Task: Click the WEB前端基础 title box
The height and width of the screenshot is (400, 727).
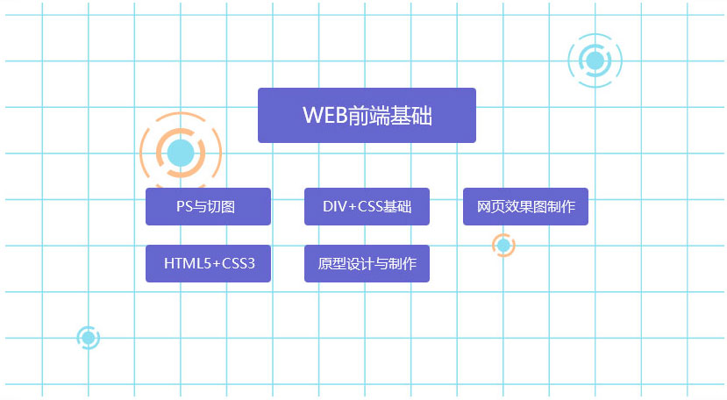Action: click(367, 115)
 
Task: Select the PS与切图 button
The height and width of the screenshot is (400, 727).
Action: click(208, 206)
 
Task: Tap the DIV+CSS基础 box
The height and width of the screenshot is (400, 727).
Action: click(367, 206)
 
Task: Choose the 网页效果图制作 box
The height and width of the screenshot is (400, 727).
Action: click(526, 206)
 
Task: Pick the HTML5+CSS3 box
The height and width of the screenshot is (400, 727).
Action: click(208, 263)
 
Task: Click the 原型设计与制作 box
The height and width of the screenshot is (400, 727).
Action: click(367, 263)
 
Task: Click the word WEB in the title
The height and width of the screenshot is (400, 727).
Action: click(325, 115)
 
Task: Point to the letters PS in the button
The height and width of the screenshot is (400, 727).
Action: click(184, 206)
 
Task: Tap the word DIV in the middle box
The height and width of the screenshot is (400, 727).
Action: click(334, 206)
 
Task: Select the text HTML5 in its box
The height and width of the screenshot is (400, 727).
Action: click(188, 263)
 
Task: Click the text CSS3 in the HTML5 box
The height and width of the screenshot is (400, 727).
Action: click(239, 263)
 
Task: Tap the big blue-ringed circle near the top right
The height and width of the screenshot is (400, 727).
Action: click(595, 61)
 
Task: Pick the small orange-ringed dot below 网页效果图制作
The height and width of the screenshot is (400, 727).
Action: click(503, 245)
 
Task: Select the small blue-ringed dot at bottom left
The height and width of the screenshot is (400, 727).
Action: click(88, 338)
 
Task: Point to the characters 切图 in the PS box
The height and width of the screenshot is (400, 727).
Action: click(221, 206)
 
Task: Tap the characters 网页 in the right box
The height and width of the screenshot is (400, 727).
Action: click(491, 206)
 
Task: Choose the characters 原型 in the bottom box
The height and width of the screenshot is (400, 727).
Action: click(332, 263)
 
